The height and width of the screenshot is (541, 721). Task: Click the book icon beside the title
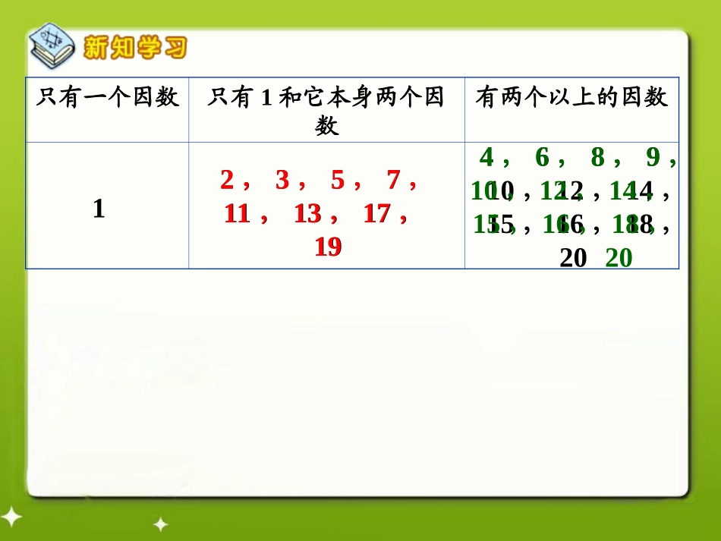52,49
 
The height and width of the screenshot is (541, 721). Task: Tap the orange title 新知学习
134,49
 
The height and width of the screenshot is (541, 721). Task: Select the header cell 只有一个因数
107,97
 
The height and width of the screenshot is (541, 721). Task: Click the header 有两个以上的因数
571,97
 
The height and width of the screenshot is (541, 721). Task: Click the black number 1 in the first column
99,209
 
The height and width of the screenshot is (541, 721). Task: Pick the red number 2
227,181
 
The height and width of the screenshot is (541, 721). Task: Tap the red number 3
282,181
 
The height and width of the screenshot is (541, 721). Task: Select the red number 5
338,181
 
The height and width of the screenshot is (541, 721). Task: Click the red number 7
393,181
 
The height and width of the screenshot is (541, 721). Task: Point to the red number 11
238,215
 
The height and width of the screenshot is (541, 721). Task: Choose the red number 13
307,215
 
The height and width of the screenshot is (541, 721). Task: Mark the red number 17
377,215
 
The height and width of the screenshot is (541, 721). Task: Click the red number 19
328,247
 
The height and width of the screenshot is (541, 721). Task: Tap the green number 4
486,158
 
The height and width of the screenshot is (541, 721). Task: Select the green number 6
542,158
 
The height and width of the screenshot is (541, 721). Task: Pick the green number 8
597,158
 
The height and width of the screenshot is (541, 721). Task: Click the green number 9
653,158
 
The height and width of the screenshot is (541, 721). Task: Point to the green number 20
619,259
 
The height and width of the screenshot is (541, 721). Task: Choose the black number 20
573,259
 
